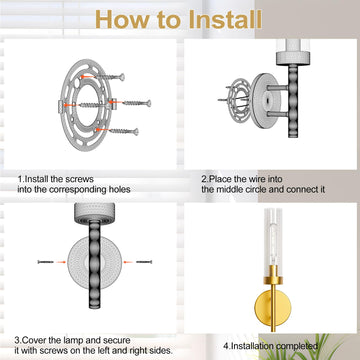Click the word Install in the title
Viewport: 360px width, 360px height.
tap(225, 20)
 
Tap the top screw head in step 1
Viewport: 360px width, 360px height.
tap(122, 77)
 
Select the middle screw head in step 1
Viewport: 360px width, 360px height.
tap(148, 103)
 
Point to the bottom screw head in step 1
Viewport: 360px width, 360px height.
tap(136, 132)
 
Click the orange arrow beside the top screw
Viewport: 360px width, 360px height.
tap(87, 76)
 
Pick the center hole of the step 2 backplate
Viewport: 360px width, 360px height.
tap(267, 99)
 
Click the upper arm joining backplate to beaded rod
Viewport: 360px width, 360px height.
tap(278, 88)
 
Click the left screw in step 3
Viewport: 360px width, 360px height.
tap(46, 262)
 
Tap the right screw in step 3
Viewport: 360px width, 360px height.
tap(144, 262)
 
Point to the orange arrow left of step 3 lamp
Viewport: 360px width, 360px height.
tap(61, 262)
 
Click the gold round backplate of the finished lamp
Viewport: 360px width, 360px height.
tap(273, 307)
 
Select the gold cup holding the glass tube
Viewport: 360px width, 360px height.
tap(273, 275)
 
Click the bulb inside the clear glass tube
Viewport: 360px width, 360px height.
tap(273, 247)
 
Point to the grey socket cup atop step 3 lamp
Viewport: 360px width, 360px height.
tap(94, 212)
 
